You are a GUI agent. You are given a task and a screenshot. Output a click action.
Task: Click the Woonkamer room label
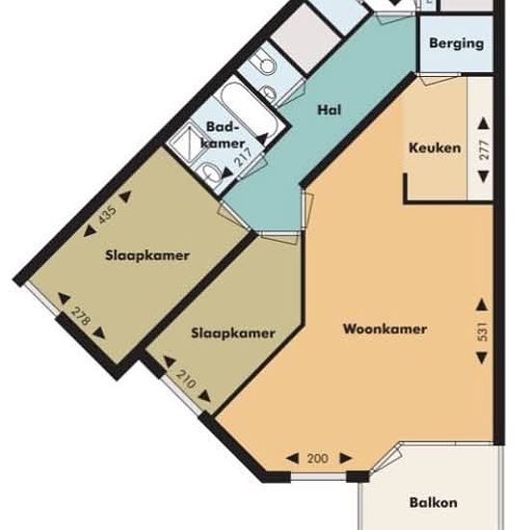pyautogui.click(x=384, y=329)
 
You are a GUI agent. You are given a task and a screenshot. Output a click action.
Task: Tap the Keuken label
pyautogui.click(x=435, y=147)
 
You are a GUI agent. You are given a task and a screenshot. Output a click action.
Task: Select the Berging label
pyautogui.click(x=457, y=43)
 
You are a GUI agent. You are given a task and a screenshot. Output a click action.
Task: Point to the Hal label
pyautogui.click(x=330, y=110)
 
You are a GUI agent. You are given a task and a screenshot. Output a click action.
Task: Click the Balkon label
pyautogui.click(x=434, y=502)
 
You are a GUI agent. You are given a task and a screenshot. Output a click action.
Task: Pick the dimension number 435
pyautogui.click(x=107, y=215)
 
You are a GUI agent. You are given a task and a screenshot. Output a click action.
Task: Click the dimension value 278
pyautogui.click(x=82, y=316)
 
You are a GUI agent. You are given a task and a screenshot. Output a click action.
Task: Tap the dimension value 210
pyautogui.click(x=186, y=380)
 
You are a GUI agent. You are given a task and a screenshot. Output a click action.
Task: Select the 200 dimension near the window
pyautogui.click(x=318, y=459)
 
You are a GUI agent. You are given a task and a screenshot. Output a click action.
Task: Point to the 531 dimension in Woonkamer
pyautogui.click(x=483, y=331)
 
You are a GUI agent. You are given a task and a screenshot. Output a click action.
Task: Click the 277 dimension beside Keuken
pyautogui.click(x=485, y=150)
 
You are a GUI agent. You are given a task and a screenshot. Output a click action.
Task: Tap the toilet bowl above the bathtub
pyautogui.click(x=265, y=64)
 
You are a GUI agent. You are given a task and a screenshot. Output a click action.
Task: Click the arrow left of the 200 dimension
pyautogui.click(x=293, y=459)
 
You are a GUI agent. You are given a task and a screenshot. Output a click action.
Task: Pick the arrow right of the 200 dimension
pyautogui.click(x=346, y=459)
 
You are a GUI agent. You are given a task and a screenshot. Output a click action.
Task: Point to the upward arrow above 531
pyautogui.click(x=482, y=305)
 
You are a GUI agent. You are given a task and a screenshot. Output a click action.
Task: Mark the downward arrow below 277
pyautogui.click(x=484, y=176)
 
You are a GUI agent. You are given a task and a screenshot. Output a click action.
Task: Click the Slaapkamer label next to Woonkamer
pyautogui.click(x=233, y=333)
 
